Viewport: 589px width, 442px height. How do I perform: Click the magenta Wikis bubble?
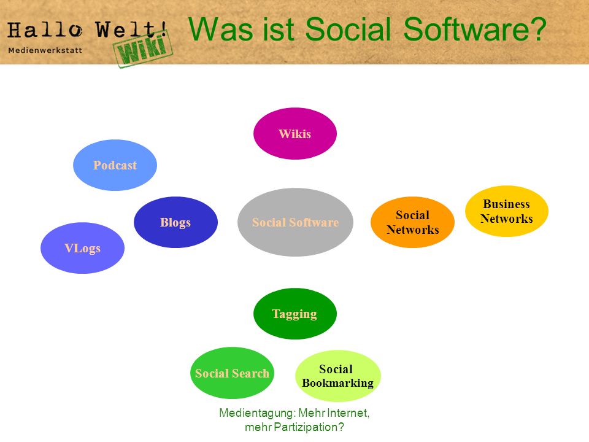(x=295, y=133)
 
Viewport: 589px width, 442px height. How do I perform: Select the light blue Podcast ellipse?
(x=115, y=165)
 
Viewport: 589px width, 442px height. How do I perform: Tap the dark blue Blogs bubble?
(x=175, y=222)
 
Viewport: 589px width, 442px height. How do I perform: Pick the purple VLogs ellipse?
(x=82, y=248)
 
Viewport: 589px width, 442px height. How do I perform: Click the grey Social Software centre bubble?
(x=295, y=222)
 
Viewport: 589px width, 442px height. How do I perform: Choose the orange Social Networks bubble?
(x=412, y=222)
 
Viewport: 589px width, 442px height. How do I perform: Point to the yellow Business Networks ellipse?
(x=507, y=211)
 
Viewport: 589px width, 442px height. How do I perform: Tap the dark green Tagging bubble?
(x=295, y=314)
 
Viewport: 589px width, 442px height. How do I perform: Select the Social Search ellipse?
(x=232, y=373)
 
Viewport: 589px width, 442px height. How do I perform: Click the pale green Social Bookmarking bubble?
(x=338, y=376)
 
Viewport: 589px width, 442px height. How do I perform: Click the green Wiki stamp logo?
(x=143, y=49)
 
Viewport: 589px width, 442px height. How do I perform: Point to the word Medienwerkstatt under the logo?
(x=45, y=50)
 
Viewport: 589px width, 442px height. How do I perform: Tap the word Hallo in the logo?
(x=45, y=30)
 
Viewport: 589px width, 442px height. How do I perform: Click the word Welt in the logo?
(x=126, y=29)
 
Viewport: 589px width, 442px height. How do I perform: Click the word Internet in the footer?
(x=348, y=413)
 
